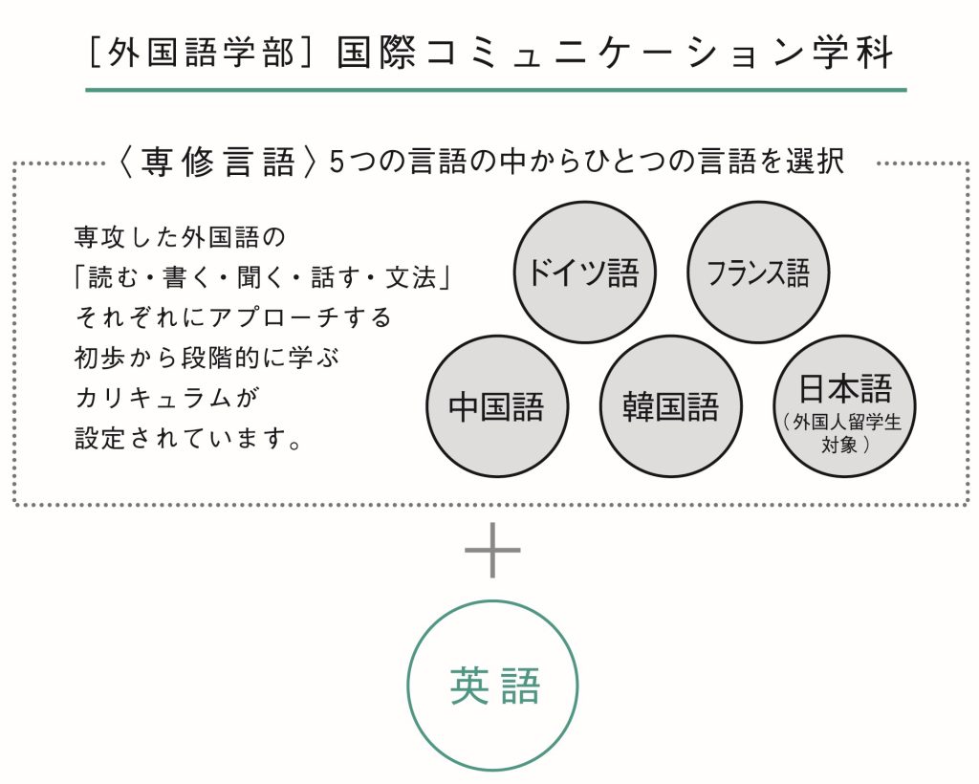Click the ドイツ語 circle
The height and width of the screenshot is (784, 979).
(x=584, y=272)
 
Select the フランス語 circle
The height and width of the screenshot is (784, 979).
(x=758, y=272)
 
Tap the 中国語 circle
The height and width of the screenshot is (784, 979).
(x=497, y=406)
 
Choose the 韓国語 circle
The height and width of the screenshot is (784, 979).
(x=671, y=406)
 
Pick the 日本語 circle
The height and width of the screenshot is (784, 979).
(x=845, y=406)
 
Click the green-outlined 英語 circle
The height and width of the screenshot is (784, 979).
(x=492, y=686)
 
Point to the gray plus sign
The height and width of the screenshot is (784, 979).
(x=492, y=550)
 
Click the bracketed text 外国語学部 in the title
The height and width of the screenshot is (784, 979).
(x=201, y=52)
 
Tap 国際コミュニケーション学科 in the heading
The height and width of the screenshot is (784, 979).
(x=616, y=52)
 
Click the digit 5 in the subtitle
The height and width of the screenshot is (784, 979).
(x=337, y=163)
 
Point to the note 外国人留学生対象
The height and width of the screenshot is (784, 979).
(x=844, y=433)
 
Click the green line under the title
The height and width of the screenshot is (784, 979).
(x=496, y=90)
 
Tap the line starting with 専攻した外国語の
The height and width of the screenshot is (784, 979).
(x=180, y=237)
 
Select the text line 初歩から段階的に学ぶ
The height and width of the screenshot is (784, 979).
(x=207, y=358)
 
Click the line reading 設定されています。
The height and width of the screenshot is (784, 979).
(x=188, y=438)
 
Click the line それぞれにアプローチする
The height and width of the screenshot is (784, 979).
(x=233, y=317)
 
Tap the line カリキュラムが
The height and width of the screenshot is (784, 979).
(x=166, y=398)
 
